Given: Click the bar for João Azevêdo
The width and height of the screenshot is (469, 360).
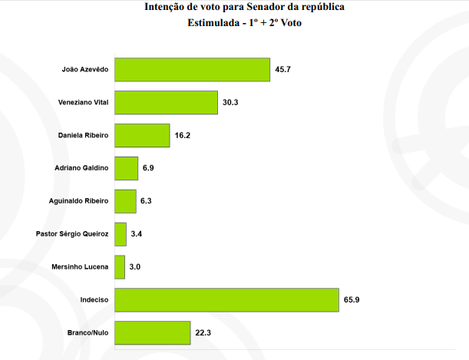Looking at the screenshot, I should (x=192, y=69).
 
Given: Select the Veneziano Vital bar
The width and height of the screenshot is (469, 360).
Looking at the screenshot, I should (x=166, y=102).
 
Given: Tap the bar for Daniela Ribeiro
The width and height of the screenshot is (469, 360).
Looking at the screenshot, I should (x=141, y=135).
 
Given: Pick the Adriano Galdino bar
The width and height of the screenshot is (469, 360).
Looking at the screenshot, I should (x=126, y=168).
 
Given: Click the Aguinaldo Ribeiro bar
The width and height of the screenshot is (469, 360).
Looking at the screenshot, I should (x=125, y=201).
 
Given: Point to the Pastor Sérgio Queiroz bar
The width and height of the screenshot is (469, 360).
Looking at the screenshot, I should (x=120, y=234).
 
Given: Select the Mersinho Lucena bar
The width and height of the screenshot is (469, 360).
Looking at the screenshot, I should (x=119, y=267).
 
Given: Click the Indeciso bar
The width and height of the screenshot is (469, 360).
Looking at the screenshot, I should (x=226, y=300).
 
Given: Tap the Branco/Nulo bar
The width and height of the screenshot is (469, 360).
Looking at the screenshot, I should (x=152, y=332).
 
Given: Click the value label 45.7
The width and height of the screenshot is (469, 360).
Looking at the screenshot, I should (x=283, y=70).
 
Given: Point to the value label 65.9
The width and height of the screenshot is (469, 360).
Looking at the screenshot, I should (x=352, y=300).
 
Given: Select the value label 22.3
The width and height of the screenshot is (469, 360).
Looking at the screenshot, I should (x=203, y=333).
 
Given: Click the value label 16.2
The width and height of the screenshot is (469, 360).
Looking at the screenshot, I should (x=183, y=136).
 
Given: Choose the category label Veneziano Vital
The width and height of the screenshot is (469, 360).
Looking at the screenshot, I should (x=84, y=102).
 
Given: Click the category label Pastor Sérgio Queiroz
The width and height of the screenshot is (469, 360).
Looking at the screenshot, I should (x=73, y=234).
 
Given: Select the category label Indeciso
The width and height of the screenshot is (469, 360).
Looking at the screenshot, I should (x=94, y=300).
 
